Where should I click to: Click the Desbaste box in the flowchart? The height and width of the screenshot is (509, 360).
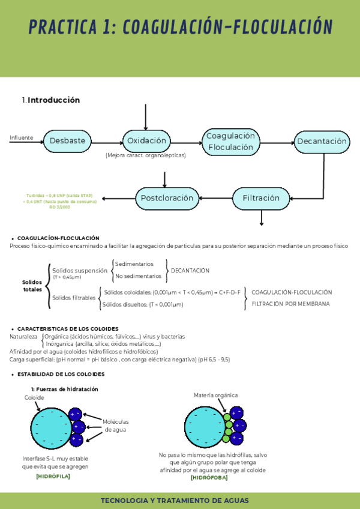point(67,141)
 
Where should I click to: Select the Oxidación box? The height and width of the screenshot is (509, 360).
point(146,141)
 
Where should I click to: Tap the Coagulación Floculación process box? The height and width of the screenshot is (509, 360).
point(231,142)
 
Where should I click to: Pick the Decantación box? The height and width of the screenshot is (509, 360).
point(322,142)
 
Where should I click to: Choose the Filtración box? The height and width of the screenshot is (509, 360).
point(261,197)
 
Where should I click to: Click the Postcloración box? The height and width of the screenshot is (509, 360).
point(167,197)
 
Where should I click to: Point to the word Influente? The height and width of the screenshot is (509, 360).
point(22,138)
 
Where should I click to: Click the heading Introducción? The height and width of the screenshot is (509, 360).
point(53,100)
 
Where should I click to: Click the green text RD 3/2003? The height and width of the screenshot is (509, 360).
point(61,207)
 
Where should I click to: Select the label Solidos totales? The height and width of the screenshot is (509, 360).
point(32,286)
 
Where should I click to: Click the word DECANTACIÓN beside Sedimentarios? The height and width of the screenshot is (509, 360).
point(190,271)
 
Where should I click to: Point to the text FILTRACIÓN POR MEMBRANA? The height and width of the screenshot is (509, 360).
point(290,304)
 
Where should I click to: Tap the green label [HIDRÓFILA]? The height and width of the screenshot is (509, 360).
point(53,476)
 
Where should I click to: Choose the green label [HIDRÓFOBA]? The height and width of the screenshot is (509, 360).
point(209,478)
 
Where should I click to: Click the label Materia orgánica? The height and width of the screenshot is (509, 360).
point(215,395)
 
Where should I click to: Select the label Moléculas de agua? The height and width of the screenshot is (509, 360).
point(115,426)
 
